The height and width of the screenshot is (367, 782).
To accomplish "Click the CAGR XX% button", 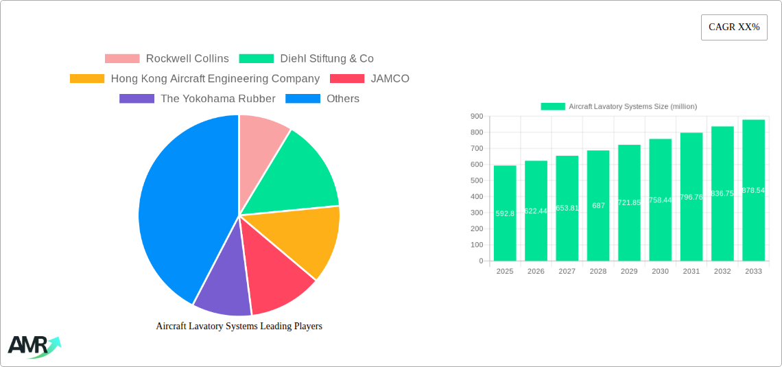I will tap(733, 27).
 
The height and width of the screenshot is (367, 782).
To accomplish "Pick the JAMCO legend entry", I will tap(370, 79).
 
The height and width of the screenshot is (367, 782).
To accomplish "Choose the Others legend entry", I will tap(322, 99).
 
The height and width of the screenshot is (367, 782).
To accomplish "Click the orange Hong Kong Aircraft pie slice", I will tap(302, 240).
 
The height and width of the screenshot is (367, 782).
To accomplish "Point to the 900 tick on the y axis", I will tap(476, 117).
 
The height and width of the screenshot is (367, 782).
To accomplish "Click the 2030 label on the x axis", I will tap(660, 272).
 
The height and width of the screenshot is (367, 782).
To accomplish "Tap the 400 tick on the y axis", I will tap(476, 197).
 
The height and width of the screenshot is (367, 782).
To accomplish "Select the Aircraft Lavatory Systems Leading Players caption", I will tap(239, 327).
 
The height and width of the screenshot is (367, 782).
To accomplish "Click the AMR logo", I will tap(33, 346).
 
